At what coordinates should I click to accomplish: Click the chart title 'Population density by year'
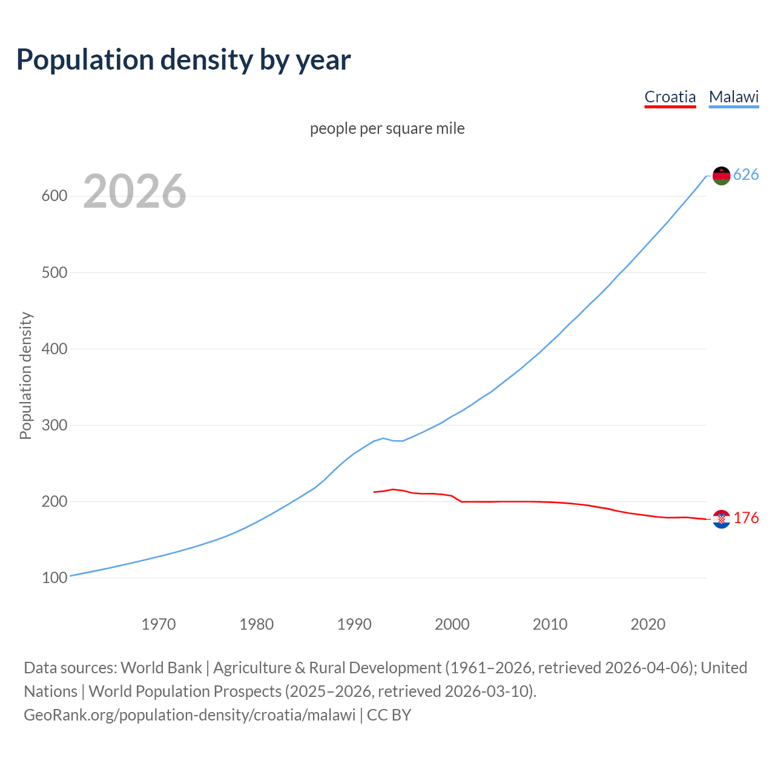(x=183, y=59)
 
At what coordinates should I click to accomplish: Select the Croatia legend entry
(x=670, y=97)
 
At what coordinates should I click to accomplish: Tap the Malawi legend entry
(x=733, y=97)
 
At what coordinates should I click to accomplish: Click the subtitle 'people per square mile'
(x=387, y=128)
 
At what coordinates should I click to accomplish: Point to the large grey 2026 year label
(x=134, y=191)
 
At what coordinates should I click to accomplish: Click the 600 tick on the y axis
(x=54, y=196)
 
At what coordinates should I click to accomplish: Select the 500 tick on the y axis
(x=54, y=272)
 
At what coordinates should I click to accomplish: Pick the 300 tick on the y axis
(x=54, y=425)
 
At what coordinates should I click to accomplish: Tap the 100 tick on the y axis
(x=54, y=578)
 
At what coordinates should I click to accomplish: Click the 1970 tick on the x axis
(x=159, y=624)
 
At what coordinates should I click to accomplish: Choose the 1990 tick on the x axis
(x=354, y=624)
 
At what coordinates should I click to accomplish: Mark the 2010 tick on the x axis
(x=550, y=624)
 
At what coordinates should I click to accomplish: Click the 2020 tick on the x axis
(x=648, y=624)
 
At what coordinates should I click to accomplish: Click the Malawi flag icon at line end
(x=721, y=176)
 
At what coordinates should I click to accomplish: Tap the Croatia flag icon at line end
(x=721, y=519)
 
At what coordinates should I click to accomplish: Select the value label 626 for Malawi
(x=746, y=175)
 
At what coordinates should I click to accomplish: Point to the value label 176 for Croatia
(x=746, y=518)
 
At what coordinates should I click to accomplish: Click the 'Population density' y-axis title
(x=25, y=375)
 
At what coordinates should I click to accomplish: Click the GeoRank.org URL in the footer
(x=190, y=715)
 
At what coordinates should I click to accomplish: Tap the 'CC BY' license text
(x=389, y=715)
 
